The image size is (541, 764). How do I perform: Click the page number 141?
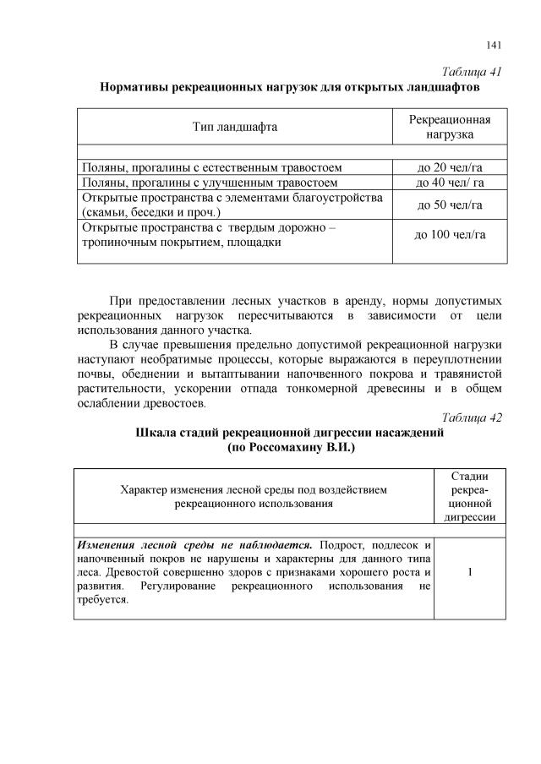[x=495, y=45]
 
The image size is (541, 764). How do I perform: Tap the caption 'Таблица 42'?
[x=472, y=417]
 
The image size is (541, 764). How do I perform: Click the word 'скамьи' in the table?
[x=104, y=212]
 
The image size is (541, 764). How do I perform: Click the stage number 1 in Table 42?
[x=468, y=571]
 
